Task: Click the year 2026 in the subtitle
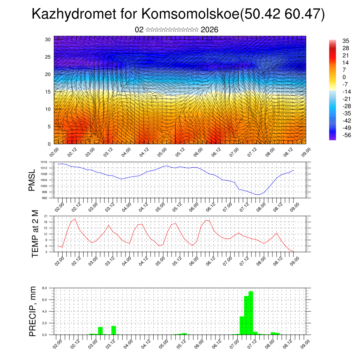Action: [210, 30]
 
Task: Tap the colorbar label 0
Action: [344, 77]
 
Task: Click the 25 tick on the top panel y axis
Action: [48, 57]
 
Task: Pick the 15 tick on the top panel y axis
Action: [48, 92]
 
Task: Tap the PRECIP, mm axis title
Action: [33, 311]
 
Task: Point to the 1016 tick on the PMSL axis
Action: [44, 162]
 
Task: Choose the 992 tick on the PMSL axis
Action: [44, 198]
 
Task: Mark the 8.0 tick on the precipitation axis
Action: [45, 288]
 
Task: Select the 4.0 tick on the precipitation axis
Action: [45, 311]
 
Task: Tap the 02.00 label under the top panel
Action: [54, 153]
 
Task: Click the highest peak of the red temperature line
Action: [75, 219]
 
